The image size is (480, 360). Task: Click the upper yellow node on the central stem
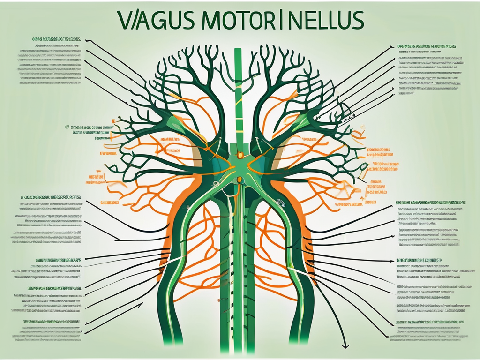pos(240,154)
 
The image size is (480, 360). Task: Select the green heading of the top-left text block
pos(55,40)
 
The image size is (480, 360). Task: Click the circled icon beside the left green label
pos(67,127)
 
